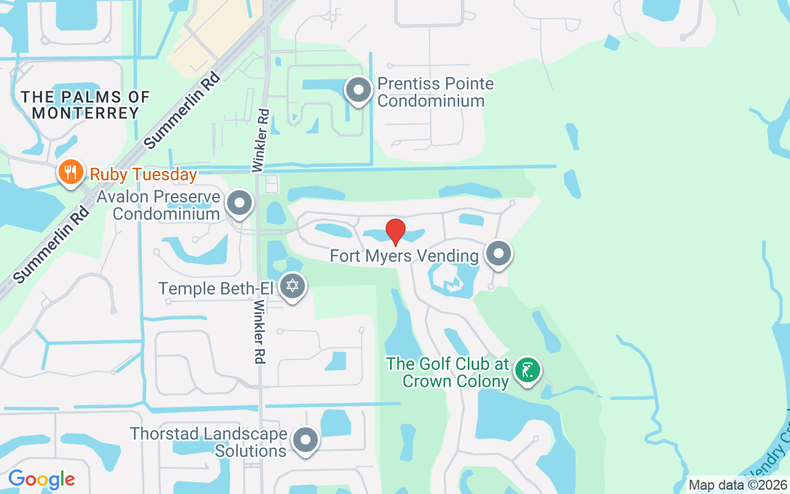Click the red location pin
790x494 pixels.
[395, 232]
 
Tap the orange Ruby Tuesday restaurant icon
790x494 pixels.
[71, 172]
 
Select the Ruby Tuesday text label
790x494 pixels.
[143, 175]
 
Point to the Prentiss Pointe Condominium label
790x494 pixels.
[435, 92]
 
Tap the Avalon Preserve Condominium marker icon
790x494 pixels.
[239, 203]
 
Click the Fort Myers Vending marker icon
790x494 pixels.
[498, 253]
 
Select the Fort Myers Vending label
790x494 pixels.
[404, 256]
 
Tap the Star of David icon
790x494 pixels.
[293, 286]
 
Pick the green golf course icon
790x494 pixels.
[527, 371]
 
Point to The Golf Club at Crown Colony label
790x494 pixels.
[447, 372]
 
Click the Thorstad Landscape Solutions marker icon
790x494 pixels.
[305, 440]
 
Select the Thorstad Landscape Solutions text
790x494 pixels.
[209, 442]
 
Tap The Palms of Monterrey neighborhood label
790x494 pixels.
[85, 105]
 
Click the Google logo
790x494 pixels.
[41, 479]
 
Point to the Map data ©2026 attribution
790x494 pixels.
[738, 485]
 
